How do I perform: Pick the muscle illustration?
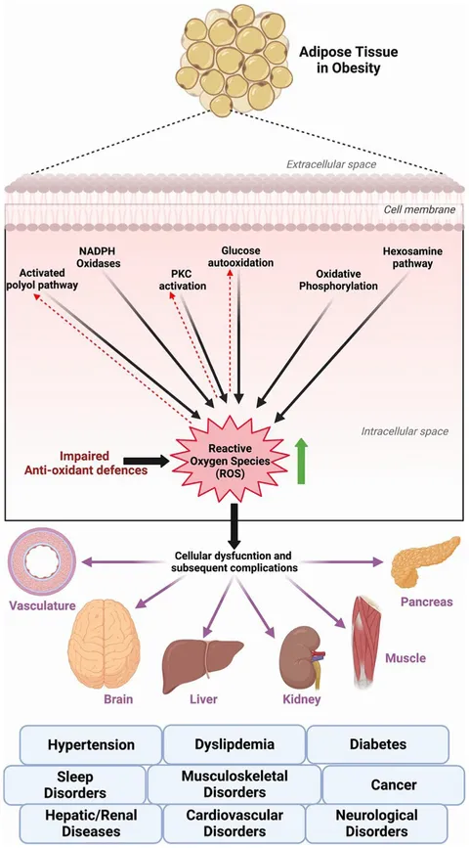click(x=367, y=642)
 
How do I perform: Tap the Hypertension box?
click(x=91, y=744)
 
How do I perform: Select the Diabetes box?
click(x=378, y=744)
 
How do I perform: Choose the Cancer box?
click(x=394, y=784)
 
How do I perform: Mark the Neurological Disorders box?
click(x=376, y=824)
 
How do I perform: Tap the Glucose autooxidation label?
click(x=240, y=256)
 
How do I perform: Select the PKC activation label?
click(x=183, y=280)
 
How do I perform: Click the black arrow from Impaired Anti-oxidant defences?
click(x=146, y=461)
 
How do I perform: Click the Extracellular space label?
click(x=331, y=164)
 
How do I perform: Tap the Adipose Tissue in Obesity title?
click(x=349, y=61)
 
